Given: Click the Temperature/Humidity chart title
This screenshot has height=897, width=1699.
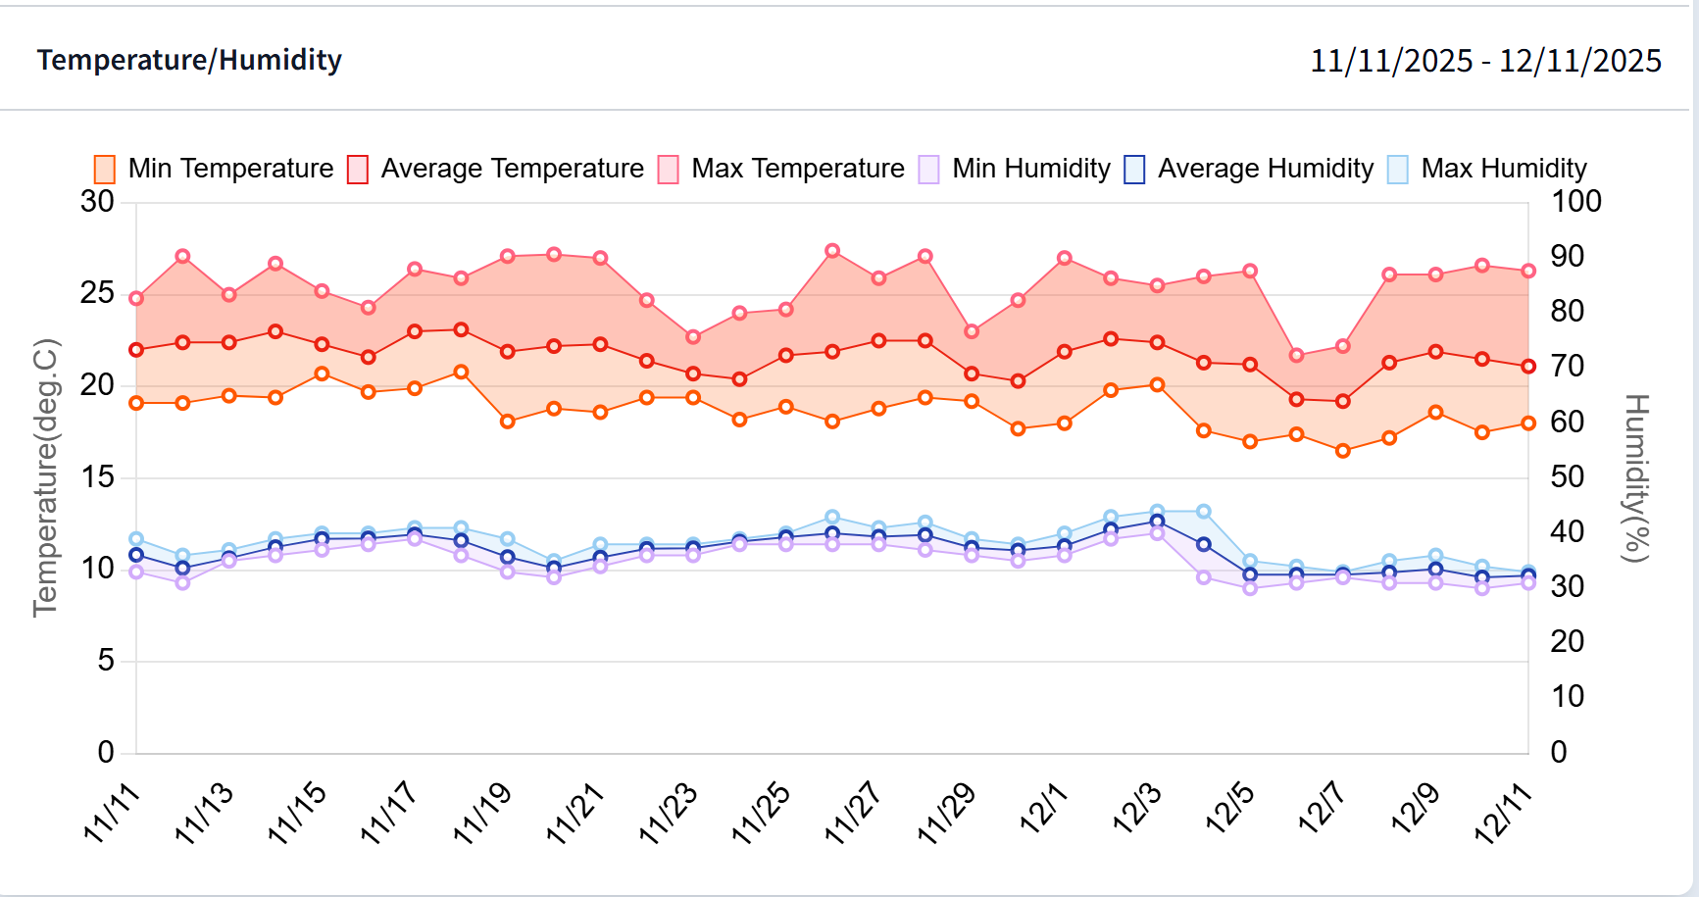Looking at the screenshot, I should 189,60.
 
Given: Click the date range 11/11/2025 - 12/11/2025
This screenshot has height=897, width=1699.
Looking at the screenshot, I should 1485,61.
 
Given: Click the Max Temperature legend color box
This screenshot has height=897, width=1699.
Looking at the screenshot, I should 669,169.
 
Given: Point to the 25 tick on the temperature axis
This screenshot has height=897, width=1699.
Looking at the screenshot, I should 97,293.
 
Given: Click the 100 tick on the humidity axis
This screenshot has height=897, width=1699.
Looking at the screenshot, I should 1575,201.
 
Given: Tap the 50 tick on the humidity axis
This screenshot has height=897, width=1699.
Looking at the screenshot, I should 1567,476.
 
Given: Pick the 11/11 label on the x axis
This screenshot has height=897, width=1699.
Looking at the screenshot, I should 111,813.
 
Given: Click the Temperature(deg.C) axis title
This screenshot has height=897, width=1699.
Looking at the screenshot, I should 45,477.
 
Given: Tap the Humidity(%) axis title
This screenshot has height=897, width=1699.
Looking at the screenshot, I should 1636,477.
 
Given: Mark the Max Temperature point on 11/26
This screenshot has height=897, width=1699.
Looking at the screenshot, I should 832,251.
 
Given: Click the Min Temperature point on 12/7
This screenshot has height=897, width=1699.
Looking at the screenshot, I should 1343,451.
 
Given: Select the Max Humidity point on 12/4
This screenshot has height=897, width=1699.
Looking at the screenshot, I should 1204,512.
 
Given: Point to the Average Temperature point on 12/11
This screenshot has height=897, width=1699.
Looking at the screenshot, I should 1528,367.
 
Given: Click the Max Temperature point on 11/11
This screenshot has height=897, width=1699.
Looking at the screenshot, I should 136,298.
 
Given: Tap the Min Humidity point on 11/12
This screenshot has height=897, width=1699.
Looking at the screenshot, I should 182,583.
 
